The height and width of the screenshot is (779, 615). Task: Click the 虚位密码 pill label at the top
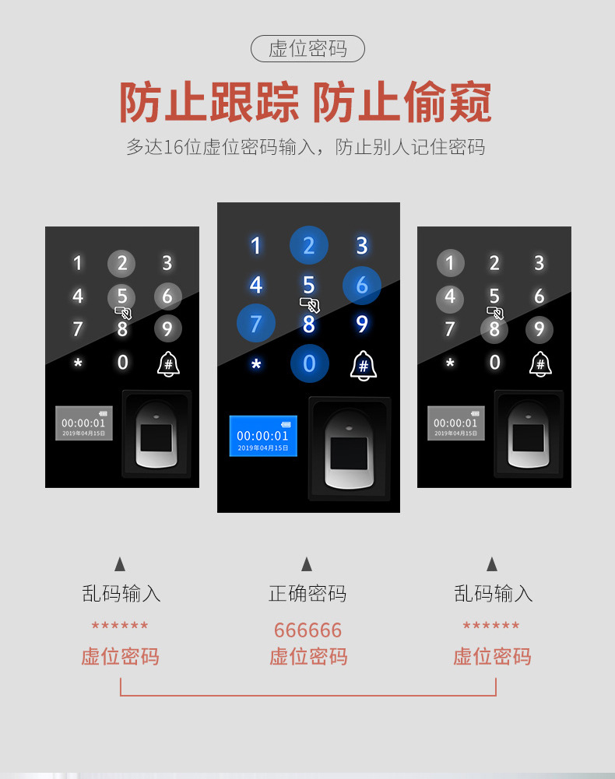(x=307, y=49)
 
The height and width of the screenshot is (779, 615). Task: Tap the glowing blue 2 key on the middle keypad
(x=309, y=245)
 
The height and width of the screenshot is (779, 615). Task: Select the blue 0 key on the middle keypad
(x=309, y=363)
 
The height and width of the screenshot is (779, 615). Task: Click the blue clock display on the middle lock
(x=263, y=436)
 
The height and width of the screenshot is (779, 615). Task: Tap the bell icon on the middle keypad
(x=364, y=366)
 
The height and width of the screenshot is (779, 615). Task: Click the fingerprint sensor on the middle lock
(x=349, y=448)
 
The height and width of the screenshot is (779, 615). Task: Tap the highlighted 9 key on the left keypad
(x=167, y=329)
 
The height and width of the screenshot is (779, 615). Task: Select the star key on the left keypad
(x=78, y=363)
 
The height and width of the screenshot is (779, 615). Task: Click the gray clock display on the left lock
(x=83, y=423)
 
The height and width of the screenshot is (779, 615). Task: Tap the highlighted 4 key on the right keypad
(x=450, y=297)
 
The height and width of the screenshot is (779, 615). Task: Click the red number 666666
(x=307, y=630)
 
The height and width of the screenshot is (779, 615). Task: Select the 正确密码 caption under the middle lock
(x=307, y=593)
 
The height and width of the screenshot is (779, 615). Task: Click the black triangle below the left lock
(x=120, y=564)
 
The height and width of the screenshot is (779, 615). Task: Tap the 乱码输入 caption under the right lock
(x=494, y=593)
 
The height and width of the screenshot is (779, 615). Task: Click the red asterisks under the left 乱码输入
(x=120, y=625)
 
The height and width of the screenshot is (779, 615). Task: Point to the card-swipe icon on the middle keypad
(x=309, y=304)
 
